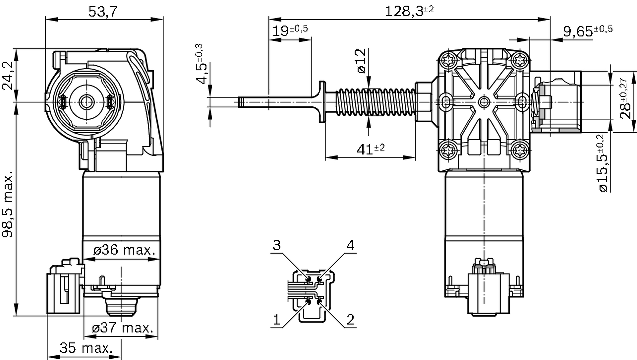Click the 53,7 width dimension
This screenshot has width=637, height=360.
[x=103, y=12]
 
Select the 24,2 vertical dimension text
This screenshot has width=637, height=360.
[x=8, y=76]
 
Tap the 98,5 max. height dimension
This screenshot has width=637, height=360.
[x=8, y=206]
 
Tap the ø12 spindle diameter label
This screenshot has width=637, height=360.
[x=361, y=61]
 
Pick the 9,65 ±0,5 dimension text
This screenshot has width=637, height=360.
[x=587, y=31]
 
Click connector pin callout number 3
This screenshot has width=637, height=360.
[x=277, y=245]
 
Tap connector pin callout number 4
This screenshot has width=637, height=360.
[x=351, y=245]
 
